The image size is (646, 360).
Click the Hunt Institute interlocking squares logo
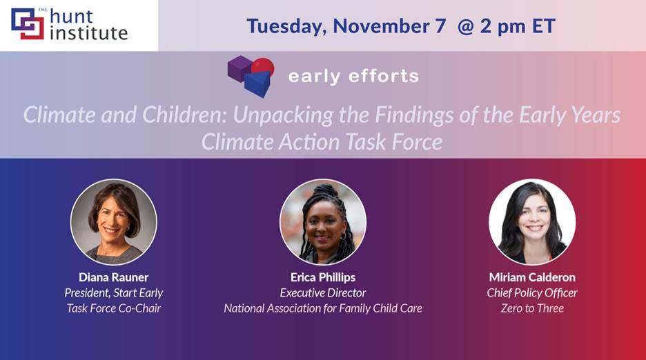28,24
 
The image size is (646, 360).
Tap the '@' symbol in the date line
466,26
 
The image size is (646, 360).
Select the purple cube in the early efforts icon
239,69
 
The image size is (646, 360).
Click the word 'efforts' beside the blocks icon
384,76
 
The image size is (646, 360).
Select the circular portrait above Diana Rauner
114,222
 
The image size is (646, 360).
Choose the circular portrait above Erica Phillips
323,222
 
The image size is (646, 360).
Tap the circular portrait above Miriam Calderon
532,222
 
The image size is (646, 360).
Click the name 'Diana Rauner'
114,277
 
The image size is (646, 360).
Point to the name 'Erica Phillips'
323,277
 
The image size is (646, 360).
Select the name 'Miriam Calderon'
532,277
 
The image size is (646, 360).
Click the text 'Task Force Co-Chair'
114,308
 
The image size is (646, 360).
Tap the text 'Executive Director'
323,293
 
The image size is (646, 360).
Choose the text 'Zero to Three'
532,308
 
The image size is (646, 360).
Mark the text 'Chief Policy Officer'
532,293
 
